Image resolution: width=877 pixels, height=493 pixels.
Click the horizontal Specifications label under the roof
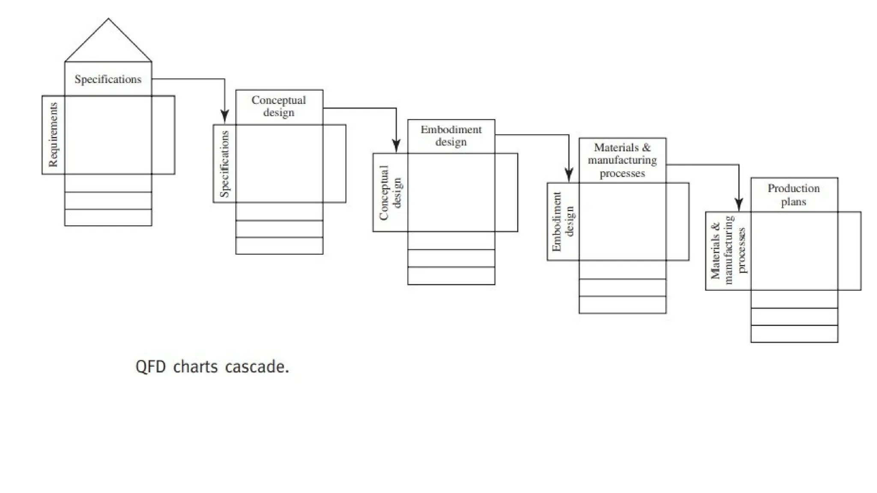108,79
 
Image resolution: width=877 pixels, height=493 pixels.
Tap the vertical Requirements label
53,135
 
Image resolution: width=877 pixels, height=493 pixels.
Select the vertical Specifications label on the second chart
224,164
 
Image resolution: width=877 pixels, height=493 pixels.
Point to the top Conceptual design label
279,106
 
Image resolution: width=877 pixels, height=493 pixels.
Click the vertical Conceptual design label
390,193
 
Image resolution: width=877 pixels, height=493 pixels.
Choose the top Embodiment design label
451,136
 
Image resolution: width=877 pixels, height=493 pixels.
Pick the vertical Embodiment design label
563,222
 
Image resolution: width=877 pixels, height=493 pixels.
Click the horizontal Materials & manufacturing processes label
622,160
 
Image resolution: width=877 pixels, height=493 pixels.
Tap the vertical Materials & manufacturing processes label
728,251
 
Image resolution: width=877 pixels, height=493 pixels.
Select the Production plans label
793,195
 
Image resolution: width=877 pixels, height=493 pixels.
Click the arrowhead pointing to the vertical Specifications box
225,116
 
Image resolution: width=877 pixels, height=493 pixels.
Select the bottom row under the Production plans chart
794,334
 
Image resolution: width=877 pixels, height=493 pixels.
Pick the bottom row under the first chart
108,217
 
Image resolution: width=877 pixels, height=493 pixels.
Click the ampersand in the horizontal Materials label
646,148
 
